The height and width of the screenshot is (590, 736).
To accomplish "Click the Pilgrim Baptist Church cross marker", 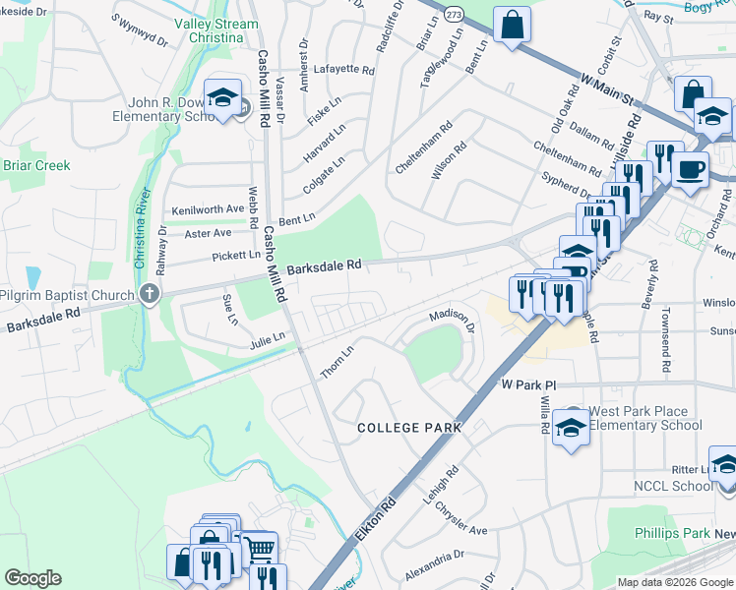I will tap(149, 293).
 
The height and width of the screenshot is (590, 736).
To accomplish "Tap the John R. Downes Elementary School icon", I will tap(223, 98).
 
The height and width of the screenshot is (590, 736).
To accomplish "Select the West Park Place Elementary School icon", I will tap(571, 427).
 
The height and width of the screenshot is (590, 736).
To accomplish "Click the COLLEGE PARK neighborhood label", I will tap(409, 428).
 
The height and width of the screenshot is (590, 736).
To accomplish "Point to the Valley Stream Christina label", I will tap(209, 30).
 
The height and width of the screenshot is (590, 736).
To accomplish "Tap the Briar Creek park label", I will tap(36, 165).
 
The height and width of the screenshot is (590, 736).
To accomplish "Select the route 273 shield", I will tap(452, 16).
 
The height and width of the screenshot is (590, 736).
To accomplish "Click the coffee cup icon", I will tap(689, 168).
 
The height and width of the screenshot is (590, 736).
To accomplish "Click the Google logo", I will tap(32, 578).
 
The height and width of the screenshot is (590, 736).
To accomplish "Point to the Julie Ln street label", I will tap(267, 337).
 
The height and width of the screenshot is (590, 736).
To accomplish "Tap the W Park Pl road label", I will tap(528, 384).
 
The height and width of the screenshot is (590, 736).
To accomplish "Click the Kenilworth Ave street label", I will tap(208, 209).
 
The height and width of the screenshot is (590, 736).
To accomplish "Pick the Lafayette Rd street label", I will tap(344, 70).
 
